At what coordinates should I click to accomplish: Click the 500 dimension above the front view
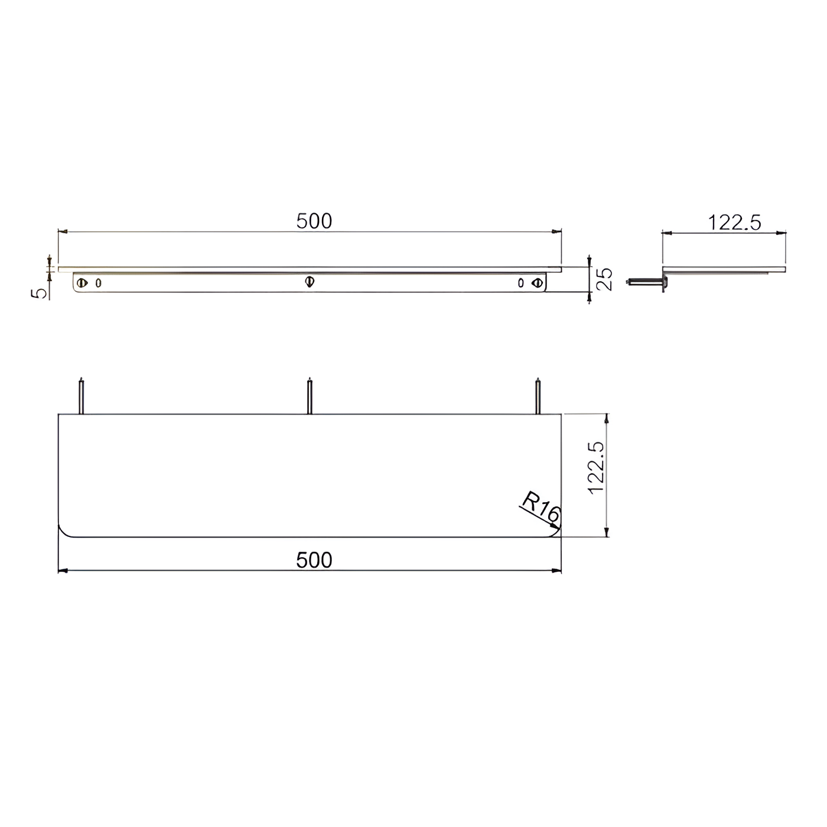click(314, 222)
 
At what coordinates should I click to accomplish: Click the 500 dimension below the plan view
click(314, 560)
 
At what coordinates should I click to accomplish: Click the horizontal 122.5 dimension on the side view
click(734, 223)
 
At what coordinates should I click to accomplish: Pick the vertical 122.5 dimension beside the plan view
click(597, 468)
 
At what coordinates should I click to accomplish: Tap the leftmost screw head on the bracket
click(82, 283)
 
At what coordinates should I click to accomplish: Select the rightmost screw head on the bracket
click(536, 283)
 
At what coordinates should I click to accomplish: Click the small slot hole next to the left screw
click(98, 283)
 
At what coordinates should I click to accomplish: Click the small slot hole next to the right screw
click(520, 283)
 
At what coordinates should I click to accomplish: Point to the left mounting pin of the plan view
click(82, 396)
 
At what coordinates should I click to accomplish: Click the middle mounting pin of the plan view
click(309, 396)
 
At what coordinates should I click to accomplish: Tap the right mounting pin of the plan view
click(538, 396)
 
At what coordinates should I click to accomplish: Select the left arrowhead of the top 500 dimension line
click(62, 232)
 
